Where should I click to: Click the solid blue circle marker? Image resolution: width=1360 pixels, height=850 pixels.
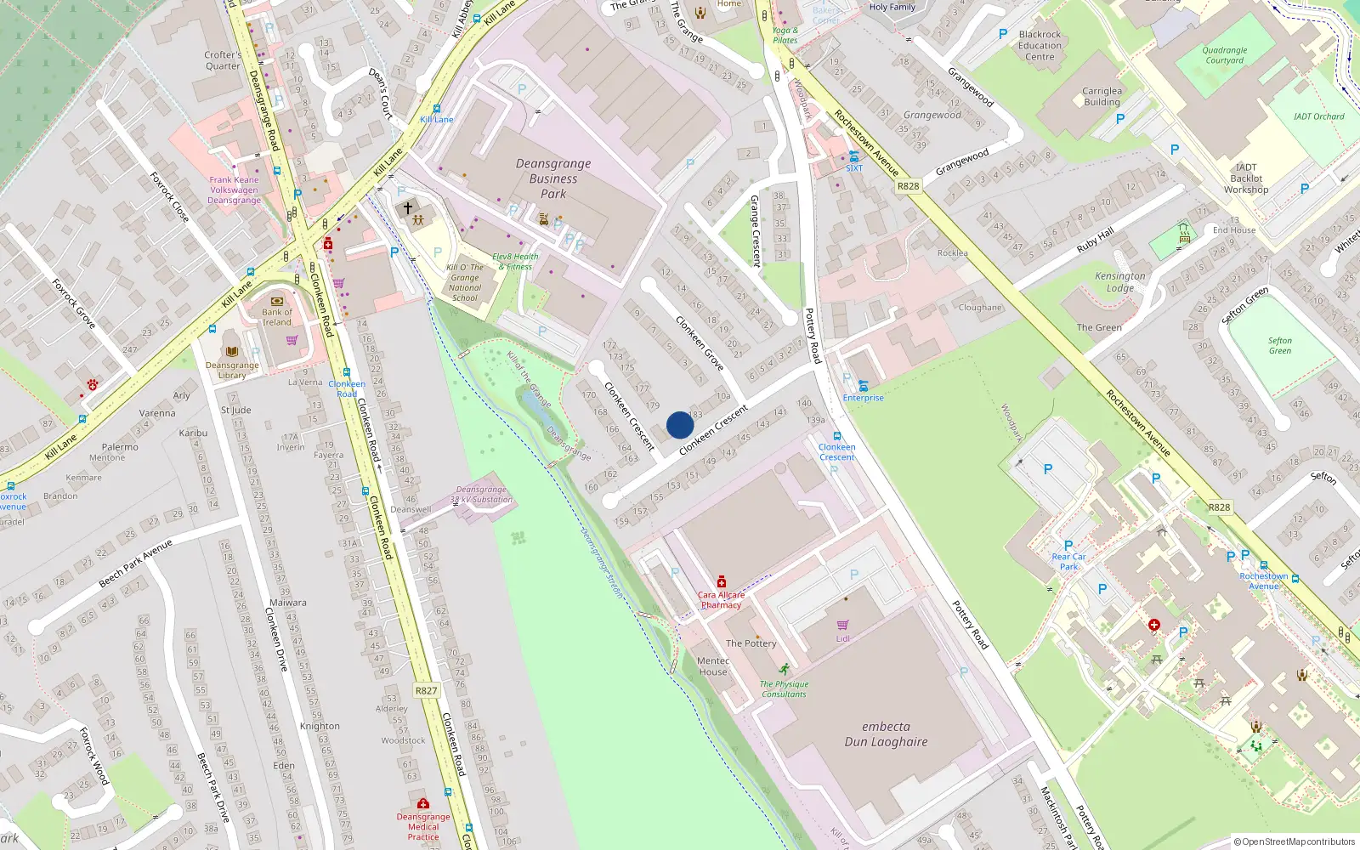(x=680, y=425)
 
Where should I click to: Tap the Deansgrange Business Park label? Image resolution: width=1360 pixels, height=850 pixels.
(x=553, y=178)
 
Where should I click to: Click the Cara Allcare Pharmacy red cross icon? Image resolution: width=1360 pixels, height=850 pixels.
(x=722, y=581)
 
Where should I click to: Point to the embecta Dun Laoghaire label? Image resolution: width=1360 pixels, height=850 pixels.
(x=886, y=734)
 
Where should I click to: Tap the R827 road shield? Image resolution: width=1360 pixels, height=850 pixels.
(x=426, y=690)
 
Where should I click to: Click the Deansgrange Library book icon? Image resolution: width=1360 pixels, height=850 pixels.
(x=231, y=351)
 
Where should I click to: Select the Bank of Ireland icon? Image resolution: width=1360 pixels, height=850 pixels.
(x=276, y=301)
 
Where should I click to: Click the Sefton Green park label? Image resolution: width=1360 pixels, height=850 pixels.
(x=1280, y=345)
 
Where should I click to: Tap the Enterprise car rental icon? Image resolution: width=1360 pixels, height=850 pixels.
(x=863, y=386)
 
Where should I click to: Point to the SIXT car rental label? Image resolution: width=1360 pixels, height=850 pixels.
(x=854, y=168)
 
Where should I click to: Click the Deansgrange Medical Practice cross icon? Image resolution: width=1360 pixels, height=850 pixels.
(x=423, y=803)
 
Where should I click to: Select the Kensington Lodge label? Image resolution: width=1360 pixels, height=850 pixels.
(x=1120, y=282)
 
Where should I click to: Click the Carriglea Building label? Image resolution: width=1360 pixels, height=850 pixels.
(x=1102, y=96)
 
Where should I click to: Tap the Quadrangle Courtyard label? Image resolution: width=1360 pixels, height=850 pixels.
(x=1225, y=55)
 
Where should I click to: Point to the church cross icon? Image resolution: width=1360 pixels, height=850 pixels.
(x=408, y=207)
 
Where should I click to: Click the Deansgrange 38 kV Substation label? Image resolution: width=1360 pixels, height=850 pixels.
(x=481, y=495)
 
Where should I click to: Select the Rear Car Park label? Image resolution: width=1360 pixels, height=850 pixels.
(x=1068, y=562)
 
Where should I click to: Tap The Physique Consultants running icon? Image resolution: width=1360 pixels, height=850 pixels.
(x=784, y=670)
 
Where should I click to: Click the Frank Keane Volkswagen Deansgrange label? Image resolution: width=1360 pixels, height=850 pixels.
(x=234, y=190)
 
